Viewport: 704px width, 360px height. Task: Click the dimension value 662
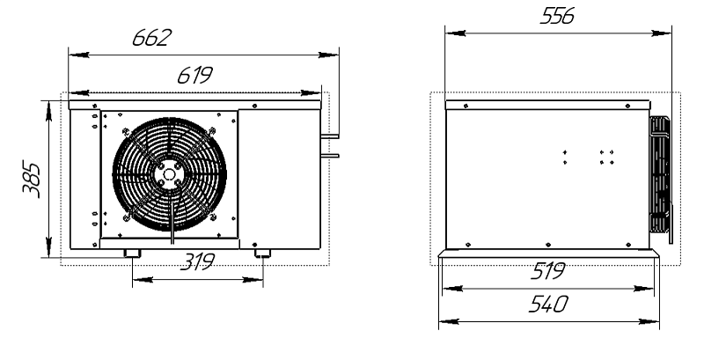coord(151,38)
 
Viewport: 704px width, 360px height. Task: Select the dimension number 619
coord(194,76)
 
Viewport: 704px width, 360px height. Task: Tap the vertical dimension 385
coord(32,180)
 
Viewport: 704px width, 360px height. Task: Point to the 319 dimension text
coord(197,261)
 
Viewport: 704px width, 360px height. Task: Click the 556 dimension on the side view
coord(557,16)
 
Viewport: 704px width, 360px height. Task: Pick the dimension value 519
coord(548,271)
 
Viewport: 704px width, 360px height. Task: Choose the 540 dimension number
coord(548,305)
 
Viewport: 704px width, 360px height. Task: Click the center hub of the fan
coord(169,174)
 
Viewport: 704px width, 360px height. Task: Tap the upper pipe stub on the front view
coord(329,136)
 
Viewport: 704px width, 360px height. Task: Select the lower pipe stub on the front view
coord(329,156)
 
